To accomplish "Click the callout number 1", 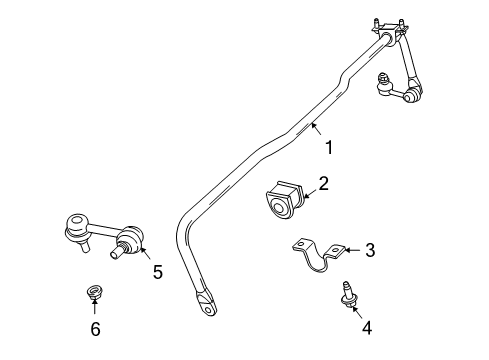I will pos(328,148).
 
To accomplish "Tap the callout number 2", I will pos(323,183).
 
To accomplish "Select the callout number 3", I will pos(369,250).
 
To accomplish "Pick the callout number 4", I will pos(366,326).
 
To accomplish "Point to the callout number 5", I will pos(156,270).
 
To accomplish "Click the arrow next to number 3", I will pos(351,250).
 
